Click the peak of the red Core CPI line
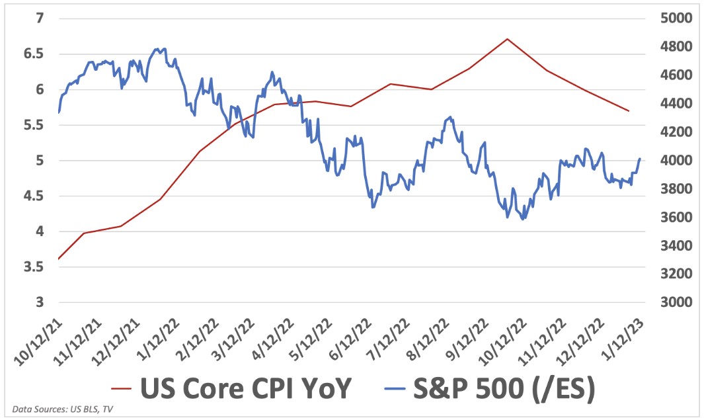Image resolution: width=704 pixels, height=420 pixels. tap(507, 39)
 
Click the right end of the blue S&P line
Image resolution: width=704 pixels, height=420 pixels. tap(640, 159)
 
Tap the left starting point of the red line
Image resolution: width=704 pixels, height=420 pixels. tap(59, 259)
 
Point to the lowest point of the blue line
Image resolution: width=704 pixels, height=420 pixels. tap(524, 219)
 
